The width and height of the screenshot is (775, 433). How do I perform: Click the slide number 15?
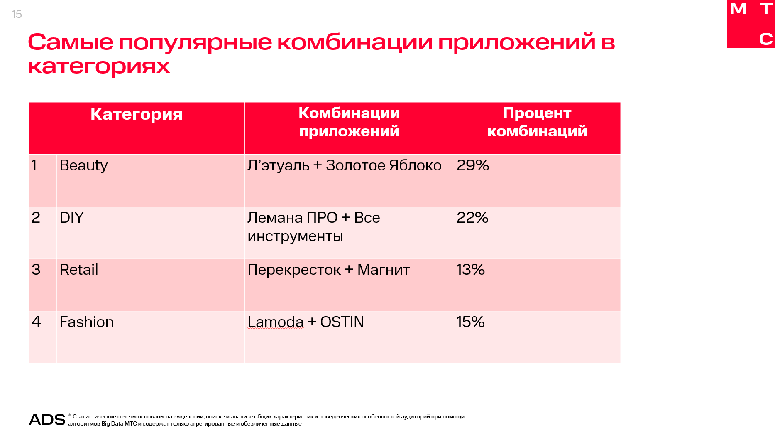click(x=17, y=15)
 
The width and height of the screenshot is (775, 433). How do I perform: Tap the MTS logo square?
click(x=751, y=24)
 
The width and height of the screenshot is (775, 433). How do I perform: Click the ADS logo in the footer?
click(x=47, y=420)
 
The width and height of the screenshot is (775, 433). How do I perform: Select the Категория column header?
click(x=136, y=114)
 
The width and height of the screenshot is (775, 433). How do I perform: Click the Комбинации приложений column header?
click(x=349, y=122)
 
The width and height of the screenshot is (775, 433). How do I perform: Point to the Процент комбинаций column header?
click(x=537, y=122)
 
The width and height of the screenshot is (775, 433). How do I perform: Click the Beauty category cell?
click(x=83, y=165)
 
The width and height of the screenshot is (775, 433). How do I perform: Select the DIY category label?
click(x=71, y=218)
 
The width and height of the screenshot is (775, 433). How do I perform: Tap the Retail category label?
click(x=79, y=270)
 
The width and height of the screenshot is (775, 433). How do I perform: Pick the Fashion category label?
click(x=86, y=322)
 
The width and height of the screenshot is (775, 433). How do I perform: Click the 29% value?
click(x=472, y=165)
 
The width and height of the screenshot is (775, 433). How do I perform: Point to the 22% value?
click(x=472, y=218)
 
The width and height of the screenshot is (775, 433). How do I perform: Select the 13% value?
click(x=470, y=270)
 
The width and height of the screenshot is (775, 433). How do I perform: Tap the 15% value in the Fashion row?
click(x=470, y=322)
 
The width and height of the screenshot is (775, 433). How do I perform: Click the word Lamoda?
click(x=275, y=322)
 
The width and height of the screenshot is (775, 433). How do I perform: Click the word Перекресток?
click(x=294, y=270)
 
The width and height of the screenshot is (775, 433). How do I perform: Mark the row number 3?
click(x=36, y=270)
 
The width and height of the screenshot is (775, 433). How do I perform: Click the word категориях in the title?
click(x=99, y=66)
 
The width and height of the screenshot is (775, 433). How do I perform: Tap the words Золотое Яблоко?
click(x=383, y=165)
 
